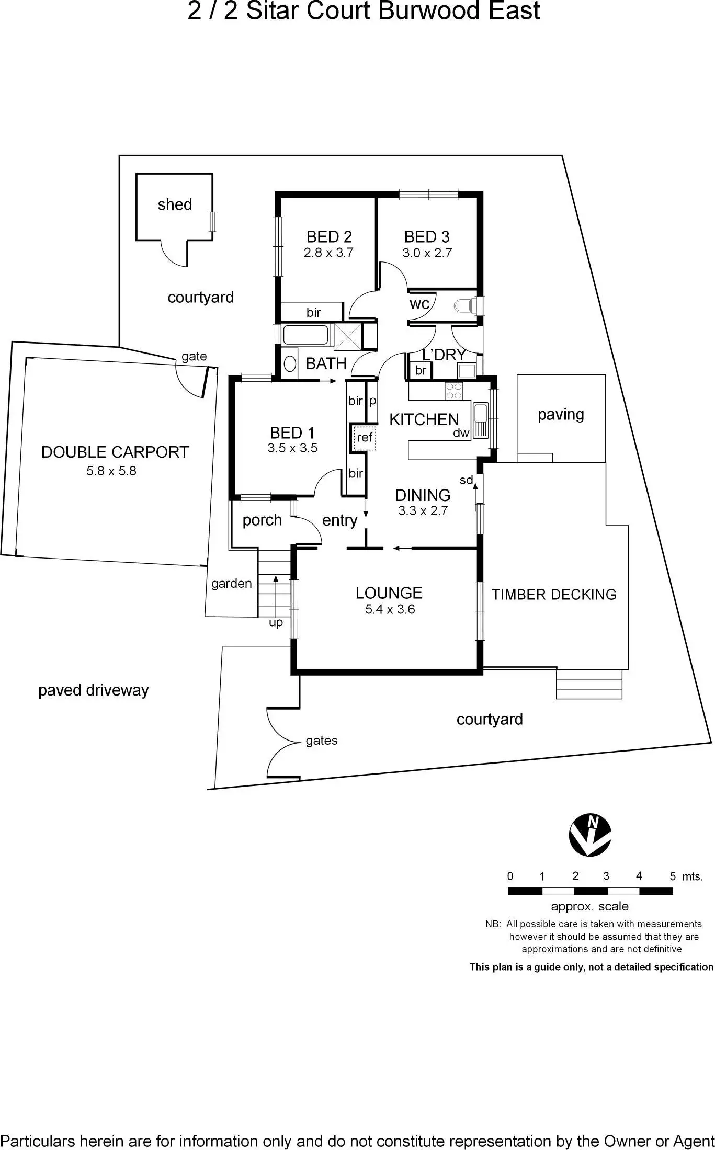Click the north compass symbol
(590, 835)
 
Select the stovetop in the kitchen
(453, 390)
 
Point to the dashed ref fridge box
(364, 437)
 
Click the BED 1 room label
(292, 432)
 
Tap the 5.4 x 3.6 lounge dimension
(390, 609)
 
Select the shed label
(175, 204)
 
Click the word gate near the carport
(194, 357)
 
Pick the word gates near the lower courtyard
(322, 741)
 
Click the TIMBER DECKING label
(554, 595)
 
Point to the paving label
(561, 415)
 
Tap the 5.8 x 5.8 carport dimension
(111, 471)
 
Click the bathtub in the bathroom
(306, 335)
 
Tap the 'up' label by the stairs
(276, 622)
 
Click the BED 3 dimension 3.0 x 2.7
(427, 253)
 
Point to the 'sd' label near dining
(466, 480)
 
